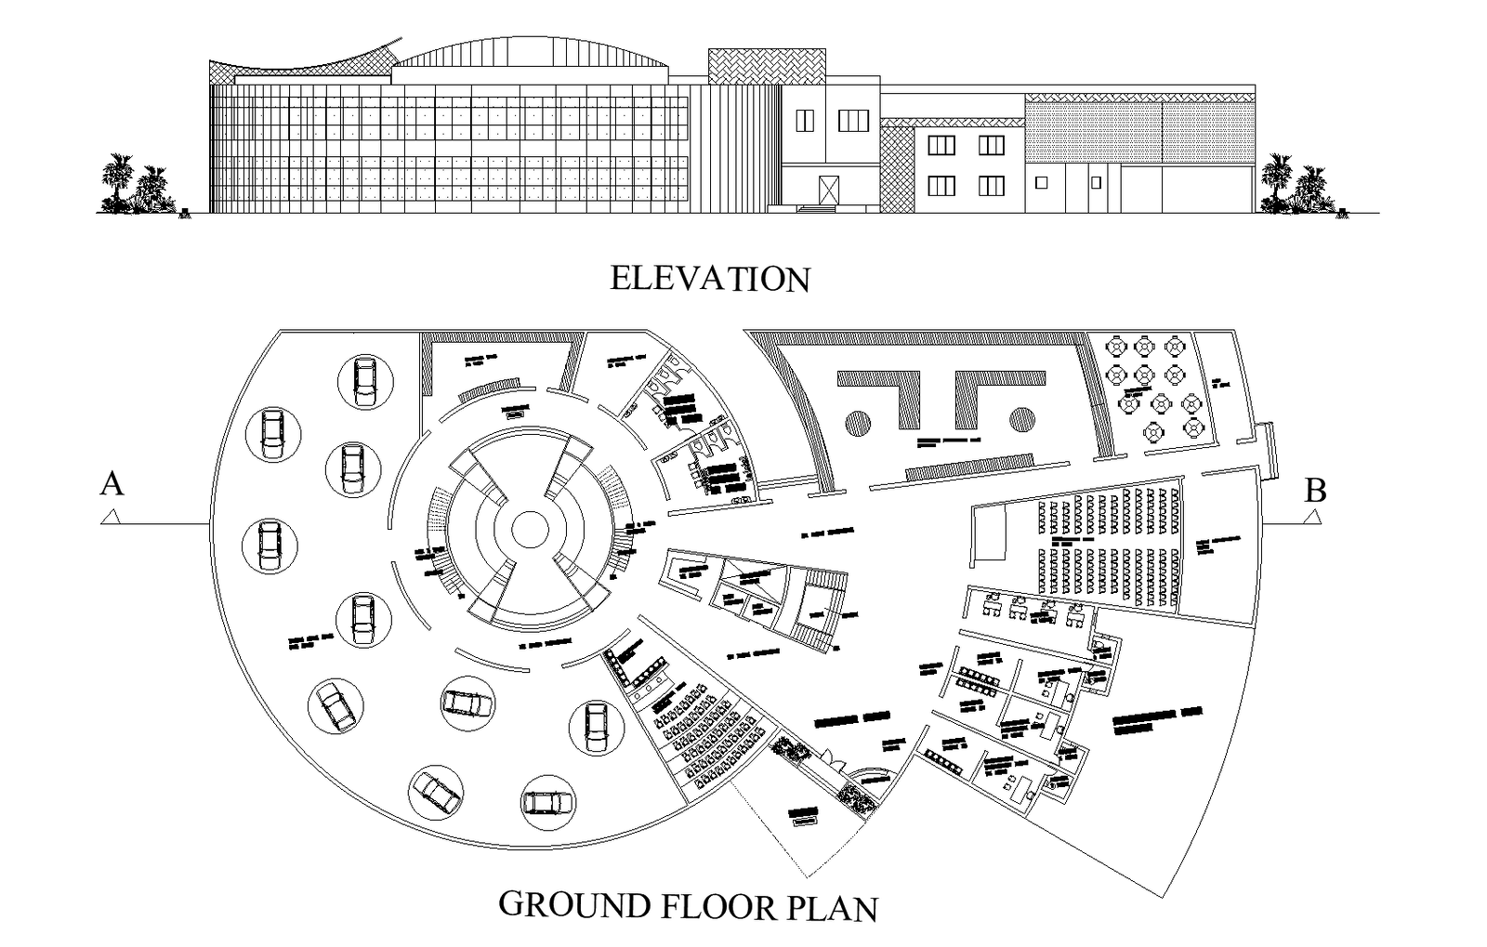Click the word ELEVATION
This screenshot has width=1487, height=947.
pos(709,278)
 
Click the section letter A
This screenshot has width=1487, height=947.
pos(112,484)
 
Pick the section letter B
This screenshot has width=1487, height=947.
pos(1315,490)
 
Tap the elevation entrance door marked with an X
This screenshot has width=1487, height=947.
pos(827,189)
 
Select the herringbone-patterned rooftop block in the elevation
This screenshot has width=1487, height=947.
pos(766,66)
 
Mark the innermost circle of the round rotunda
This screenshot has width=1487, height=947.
pos(530,530)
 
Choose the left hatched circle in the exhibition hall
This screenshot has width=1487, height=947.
pos(858,421)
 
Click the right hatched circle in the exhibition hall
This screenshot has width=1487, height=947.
pos(1020,420)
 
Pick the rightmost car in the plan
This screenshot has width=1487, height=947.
pos(594,726)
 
